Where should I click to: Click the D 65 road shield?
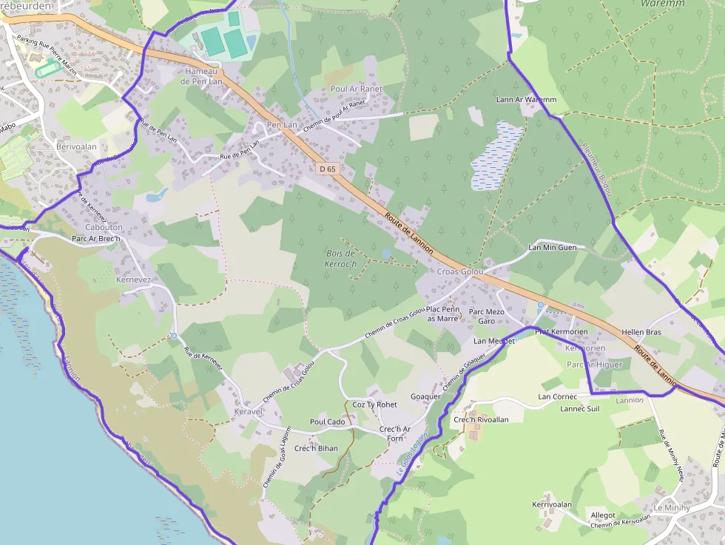point(327,169)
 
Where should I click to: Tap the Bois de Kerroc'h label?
point(341,259)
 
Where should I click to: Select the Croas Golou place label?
point(460,271)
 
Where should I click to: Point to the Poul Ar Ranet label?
point(357,89)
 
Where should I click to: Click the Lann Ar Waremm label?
point(526,99)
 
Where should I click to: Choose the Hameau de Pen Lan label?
point(200,76)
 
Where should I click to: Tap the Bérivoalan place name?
point(76,146)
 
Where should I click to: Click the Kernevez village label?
point(134,280)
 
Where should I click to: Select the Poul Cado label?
point(328,422)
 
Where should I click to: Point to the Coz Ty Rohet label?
point(374,404)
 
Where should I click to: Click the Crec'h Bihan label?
point(316,448)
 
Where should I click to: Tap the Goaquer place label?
point(425,396)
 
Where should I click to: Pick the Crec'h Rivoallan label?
point(481,419)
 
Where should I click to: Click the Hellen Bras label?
point(641,333)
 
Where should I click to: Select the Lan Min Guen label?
point(553,247)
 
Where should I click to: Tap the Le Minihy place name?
point(672,508)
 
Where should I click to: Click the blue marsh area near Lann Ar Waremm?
point(496,155)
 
